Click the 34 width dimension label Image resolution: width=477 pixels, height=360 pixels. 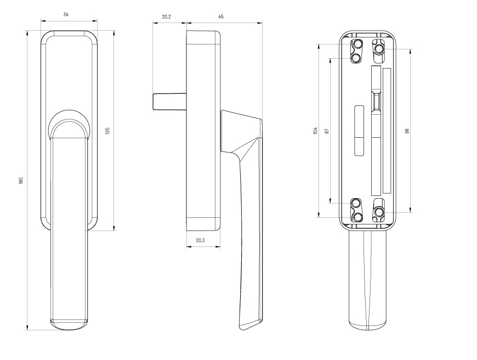point(66,14)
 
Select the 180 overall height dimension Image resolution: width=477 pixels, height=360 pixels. point(21,181)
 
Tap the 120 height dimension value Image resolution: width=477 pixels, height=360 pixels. point(107,131)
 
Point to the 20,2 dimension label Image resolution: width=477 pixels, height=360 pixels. point(167,17)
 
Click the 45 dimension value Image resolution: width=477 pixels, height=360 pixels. point(221,17)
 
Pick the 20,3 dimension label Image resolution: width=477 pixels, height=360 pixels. point(200,240)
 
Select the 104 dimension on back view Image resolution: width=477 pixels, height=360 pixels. point(315,131)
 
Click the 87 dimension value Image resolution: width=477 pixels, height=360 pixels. point(327,131)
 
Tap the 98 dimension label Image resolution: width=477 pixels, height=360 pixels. point(407,131)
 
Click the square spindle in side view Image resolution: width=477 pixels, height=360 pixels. point(169,102)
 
